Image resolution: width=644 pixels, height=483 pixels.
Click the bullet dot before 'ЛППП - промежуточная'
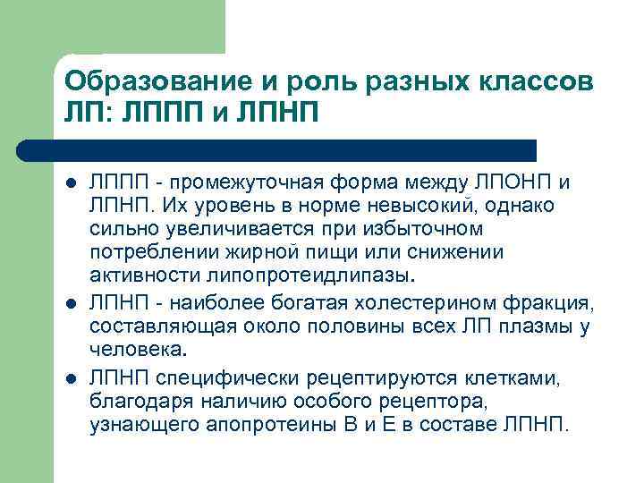click(x=71, y=183)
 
